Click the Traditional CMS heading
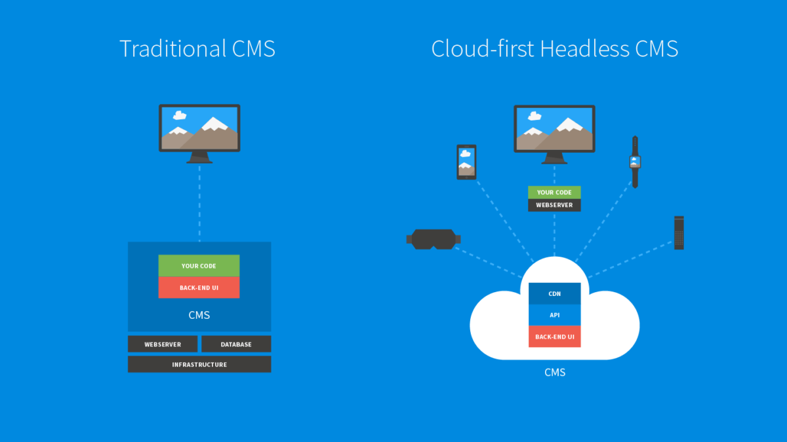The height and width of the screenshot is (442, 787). pos(197,48)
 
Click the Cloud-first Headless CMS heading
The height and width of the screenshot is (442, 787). pos(554,48)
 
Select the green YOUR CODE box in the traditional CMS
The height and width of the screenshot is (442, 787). pos(199,266)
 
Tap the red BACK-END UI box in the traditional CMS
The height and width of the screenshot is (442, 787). pos(199,287)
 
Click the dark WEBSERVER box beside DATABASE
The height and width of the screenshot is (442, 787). pos(163,344)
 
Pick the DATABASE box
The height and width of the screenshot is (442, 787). pos(236,344)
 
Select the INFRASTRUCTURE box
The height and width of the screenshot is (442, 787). pos(199,364)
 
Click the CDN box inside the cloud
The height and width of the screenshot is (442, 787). pos(554,294)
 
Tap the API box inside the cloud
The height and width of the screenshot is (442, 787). pos(554,315)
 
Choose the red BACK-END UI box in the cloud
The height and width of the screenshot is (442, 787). pos(554,336)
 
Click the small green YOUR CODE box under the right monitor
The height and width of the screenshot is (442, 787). pos(554,193)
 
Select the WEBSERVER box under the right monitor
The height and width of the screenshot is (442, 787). pos(554,205)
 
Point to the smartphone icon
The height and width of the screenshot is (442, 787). pos(466,162)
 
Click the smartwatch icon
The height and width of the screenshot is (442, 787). pos(635,161)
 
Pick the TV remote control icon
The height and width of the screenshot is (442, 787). pos(679,232)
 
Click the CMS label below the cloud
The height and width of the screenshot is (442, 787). pos(555,373)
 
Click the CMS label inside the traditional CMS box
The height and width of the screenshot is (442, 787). pos(199,315)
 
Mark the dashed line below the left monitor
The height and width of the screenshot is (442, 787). pos(199,203)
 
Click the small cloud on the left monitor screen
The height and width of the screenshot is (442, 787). pos(179,115)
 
